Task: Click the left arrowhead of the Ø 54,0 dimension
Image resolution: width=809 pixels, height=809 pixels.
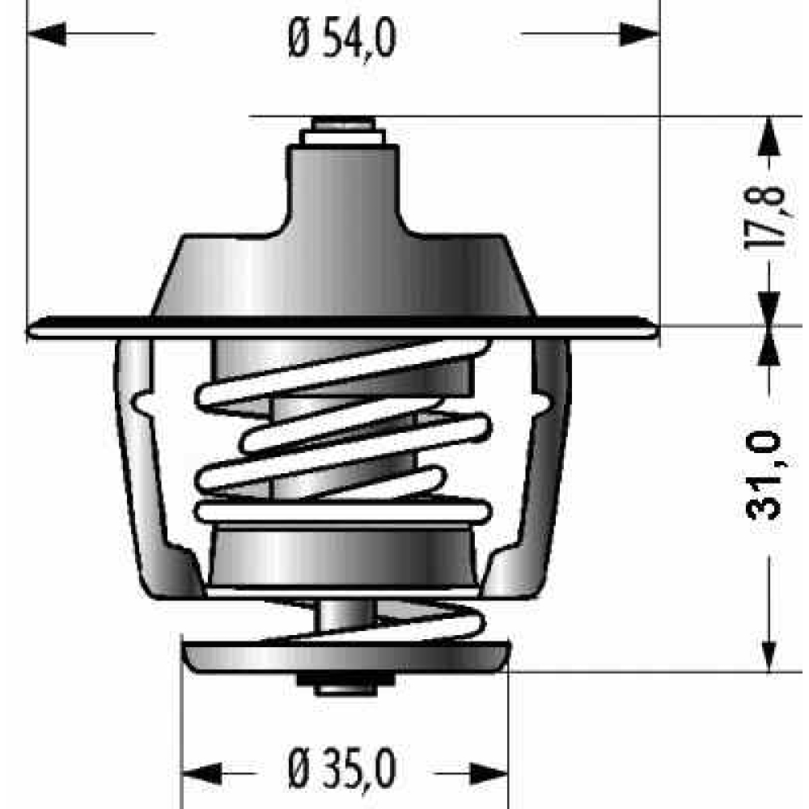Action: [x=46, y=34]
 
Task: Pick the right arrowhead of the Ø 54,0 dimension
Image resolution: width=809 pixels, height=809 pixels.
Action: [x=640, y=34]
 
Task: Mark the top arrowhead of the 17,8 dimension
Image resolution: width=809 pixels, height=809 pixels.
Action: [x=769, y=136]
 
